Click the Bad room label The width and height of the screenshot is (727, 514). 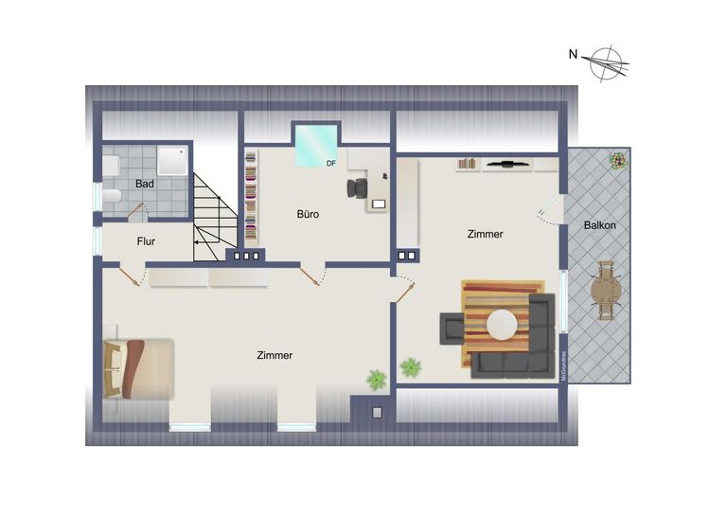pos(144,184)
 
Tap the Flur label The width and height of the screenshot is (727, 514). pos(146,241)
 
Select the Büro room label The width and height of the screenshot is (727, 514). pos(307,214)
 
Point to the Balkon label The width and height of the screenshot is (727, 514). pos(600,225)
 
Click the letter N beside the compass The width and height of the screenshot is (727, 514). pos(573,54)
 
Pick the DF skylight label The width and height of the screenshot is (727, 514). pos(331,164)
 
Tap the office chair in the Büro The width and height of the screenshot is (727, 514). pos(357,187)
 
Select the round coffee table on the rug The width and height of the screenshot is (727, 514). pos(502,326)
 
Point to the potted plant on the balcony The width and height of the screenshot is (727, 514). pos(618,160)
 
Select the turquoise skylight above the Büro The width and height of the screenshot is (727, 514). pos(316,144)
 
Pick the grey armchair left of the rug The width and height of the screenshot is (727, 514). pos(451,328)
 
